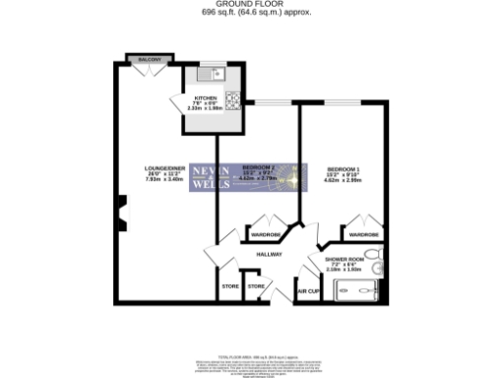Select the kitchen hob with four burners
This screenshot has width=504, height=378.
pyautogui.click(x=234, y=98)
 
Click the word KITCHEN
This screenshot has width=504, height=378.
pyautogui.click(x=205, y=99)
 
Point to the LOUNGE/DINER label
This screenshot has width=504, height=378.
pyautogui.click(x=164, y=171)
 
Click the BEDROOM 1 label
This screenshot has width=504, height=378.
pyautogui.click(x=344, y=169)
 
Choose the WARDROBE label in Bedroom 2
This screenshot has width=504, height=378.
pyautogui.click(x=266, y=234)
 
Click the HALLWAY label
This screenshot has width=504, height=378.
pyautogui.click(x=269, y=254)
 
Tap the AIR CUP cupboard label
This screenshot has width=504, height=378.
pyautogui.click(x=309, y=291)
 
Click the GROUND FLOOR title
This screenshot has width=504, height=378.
pyautogui.click(x=251, y=4)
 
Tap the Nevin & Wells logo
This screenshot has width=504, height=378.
pyautogui.click(x=211, y=176)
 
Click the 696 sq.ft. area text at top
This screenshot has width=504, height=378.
pyautogui.click(x=252, y=12)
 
